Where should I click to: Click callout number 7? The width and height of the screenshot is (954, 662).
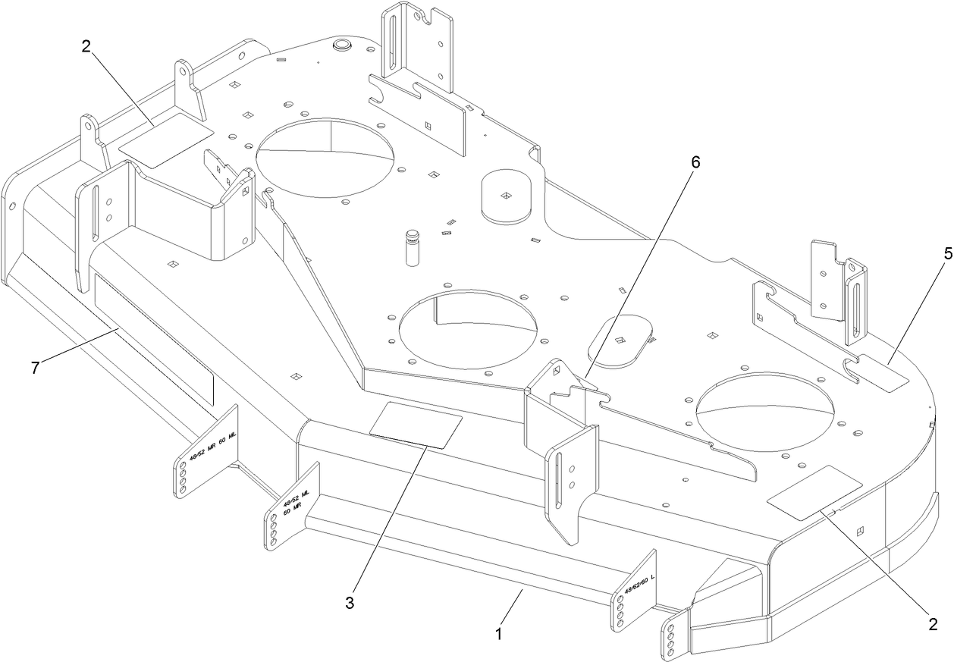pyautogui.click(x=33, y=367)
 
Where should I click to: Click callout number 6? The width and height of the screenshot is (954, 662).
pyautogui.click(x=695, y=162)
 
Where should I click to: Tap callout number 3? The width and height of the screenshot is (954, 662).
pyautogui.click(x=350, y=604)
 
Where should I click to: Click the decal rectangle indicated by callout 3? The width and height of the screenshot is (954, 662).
pyautogui.click(x=416, y=426)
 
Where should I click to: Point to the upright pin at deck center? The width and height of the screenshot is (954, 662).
pyautogui.click(x=412, y=246)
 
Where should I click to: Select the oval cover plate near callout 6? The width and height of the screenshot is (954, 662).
pyautogui.click(x=620, y=341)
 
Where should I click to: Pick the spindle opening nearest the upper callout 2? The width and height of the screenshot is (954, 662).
pyautogui.click(x=326, y=158)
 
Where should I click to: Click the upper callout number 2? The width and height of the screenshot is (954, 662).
pyautogui.click(x=86, y=45)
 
